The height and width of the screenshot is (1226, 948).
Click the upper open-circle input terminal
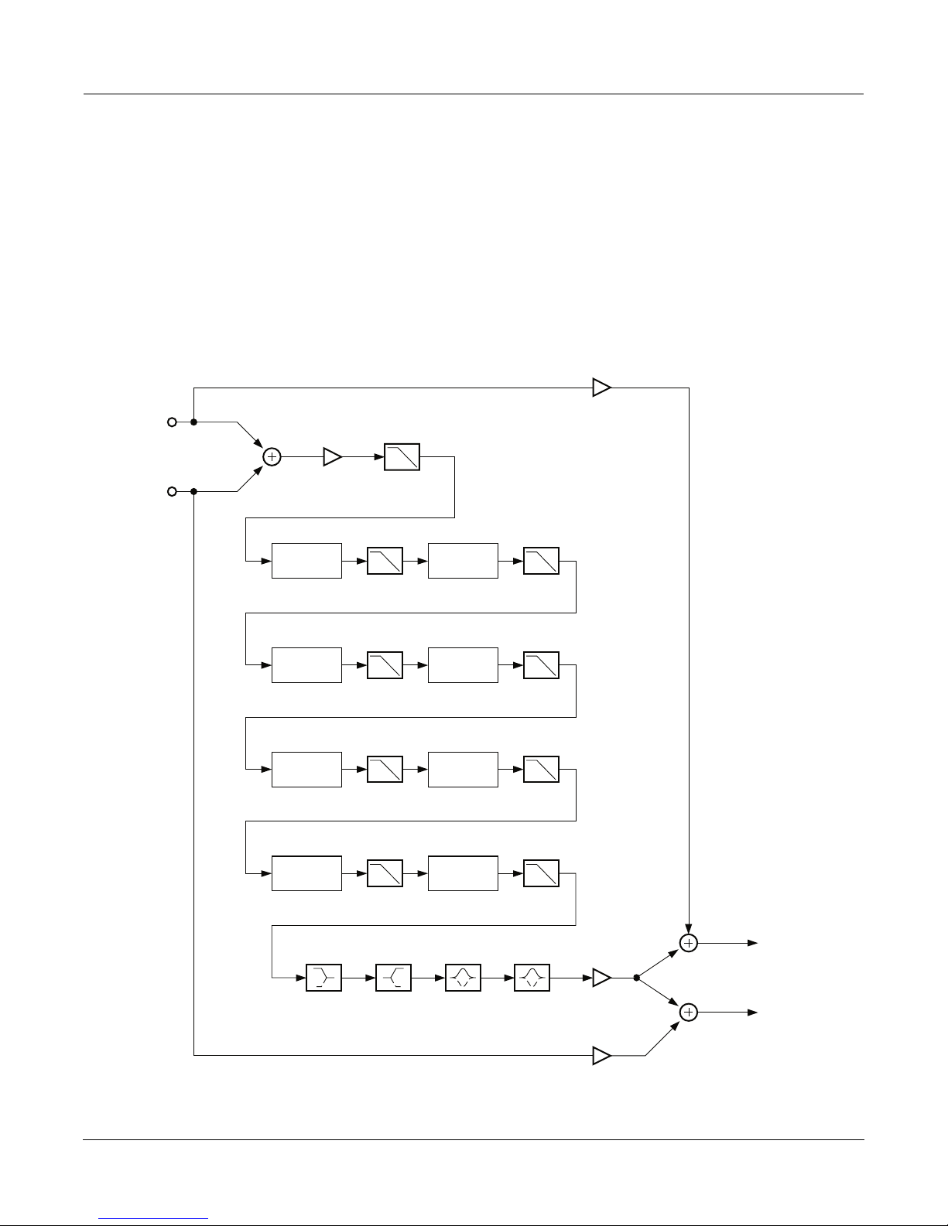[172, 422]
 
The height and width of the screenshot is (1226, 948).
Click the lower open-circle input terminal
[172, 491]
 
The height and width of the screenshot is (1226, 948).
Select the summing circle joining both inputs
[272, 457]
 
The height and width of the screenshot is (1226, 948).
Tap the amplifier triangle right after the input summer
[332, 457]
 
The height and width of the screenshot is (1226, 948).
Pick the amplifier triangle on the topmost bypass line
[601, 388]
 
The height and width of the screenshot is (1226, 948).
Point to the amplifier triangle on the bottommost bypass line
[601, 1055]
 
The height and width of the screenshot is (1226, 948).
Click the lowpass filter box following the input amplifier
[402, 457]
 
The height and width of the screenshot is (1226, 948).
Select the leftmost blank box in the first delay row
[306, 561]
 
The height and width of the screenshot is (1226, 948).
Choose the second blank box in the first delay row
[463, 561]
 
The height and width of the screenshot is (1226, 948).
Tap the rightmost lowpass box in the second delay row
[541, 665]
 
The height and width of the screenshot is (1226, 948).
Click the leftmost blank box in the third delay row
[306, 770]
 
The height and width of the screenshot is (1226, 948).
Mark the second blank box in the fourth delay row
[463, 873]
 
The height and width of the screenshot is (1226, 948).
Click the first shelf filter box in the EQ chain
[324, 978]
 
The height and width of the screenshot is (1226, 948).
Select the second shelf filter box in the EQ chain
[393, 978]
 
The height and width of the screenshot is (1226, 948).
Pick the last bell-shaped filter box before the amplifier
[532, 978]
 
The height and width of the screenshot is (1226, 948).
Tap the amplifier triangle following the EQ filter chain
[601, 978]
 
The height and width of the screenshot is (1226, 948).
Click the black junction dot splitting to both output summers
[636, 978]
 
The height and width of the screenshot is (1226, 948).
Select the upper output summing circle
[688, 943]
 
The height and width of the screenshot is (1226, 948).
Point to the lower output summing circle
[688, 1012]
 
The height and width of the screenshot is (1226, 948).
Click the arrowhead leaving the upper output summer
[752, 943]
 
